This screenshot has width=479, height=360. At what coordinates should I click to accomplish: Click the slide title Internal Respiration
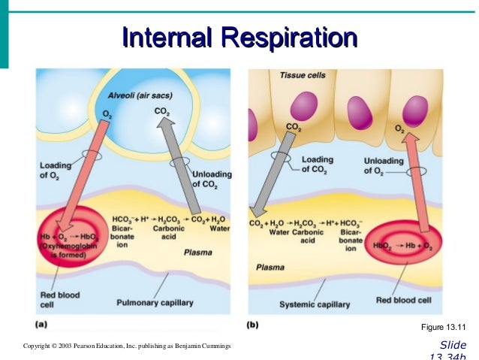239,37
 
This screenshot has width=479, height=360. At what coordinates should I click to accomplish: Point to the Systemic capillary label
315,304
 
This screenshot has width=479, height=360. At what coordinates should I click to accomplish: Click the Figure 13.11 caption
444,327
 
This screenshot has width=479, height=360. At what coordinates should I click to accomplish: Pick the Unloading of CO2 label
212,180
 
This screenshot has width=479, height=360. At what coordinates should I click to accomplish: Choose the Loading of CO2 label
316,165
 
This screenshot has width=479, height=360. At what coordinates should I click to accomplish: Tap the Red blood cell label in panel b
405,300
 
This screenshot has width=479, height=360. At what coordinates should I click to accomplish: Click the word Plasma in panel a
198,253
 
